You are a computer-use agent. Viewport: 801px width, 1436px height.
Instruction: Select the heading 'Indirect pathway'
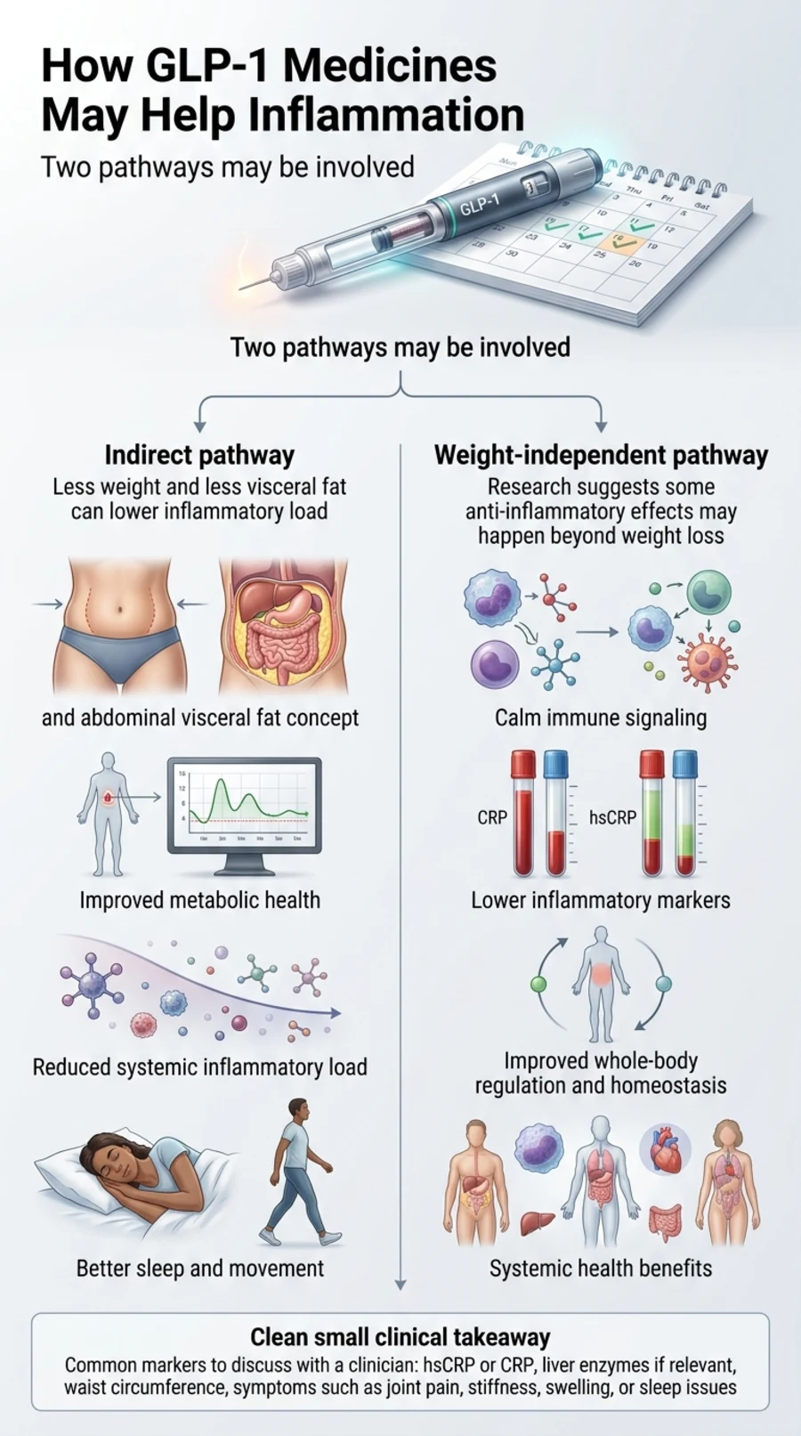[199, 455]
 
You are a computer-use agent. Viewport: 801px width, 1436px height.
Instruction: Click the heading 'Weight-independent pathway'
[601, 455]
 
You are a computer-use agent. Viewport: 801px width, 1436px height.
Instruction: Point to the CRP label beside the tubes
[492, 817]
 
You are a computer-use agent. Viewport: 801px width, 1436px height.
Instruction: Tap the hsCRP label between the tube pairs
[612, 817]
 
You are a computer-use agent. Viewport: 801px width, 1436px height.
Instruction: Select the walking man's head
[299, 1112]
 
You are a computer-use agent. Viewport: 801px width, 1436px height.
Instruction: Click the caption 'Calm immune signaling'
[601, 718]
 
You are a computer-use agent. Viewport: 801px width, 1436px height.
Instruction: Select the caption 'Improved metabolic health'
[199, 900]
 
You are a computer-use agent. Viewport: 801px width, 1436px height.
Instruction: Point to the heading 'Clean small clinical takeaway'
[400, 1337]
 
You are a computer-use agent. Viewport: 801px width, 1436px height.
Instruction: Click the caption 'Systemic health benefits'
[601, 1269]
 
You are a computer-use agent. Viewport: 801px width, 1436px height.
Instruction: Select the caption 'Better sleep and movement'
[199, 1269]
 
